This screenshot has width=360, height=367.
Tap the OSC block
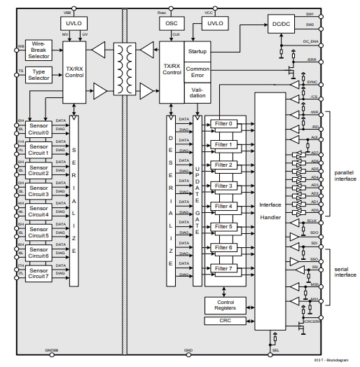172,23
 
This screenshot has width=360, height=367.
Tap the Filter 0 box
224,124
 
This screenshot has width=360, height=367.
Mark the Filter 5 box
224,227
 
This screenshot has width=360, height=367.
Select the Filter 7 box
224,268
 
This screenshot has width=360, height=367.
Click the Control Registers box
225,305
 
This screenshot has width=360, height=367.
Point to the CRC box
225,321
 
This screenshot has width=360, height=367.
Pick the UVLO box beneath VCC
214,23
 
